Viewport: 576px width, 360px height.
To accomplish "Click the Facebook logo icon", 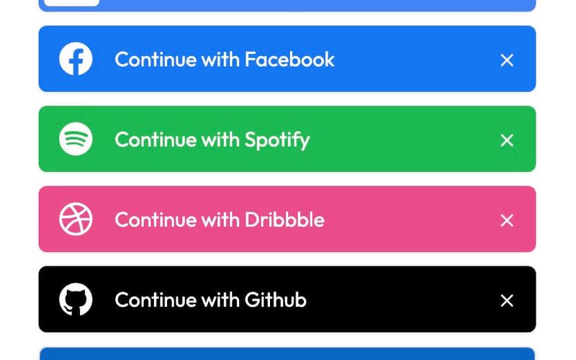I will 76,59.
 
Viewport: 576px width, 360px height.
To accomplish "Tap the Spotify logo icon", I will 76,139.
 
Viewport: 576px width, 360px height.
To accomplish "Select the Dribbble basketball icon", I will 76,219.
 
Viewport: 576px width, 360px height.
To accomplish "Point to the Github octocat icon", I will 76,299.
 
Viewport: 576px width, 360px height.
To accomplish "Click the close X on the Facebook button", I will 507,60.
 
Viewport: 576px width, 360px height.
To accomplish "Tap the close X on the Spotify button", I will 507,140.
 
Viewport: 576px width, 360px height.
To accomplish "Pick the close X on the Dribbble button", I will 507,220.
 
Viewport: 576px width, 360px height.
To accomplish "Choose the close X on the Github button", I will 507,300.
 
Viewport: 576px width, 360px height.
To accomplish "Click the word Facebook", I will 289,59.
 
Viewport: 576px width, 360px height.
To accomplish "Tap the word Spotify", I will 277,140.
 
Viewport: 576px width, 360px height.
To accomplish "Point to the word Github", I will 276,299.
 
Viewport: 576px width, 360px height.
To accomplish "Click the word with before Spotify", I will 220,139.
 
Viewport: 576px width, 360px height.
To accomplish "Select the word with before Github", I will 220,299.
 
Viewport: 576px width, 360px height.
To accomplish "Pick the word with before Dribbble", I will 220,219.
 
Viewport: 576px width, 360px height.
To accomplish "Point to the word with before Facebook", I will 220,59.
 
